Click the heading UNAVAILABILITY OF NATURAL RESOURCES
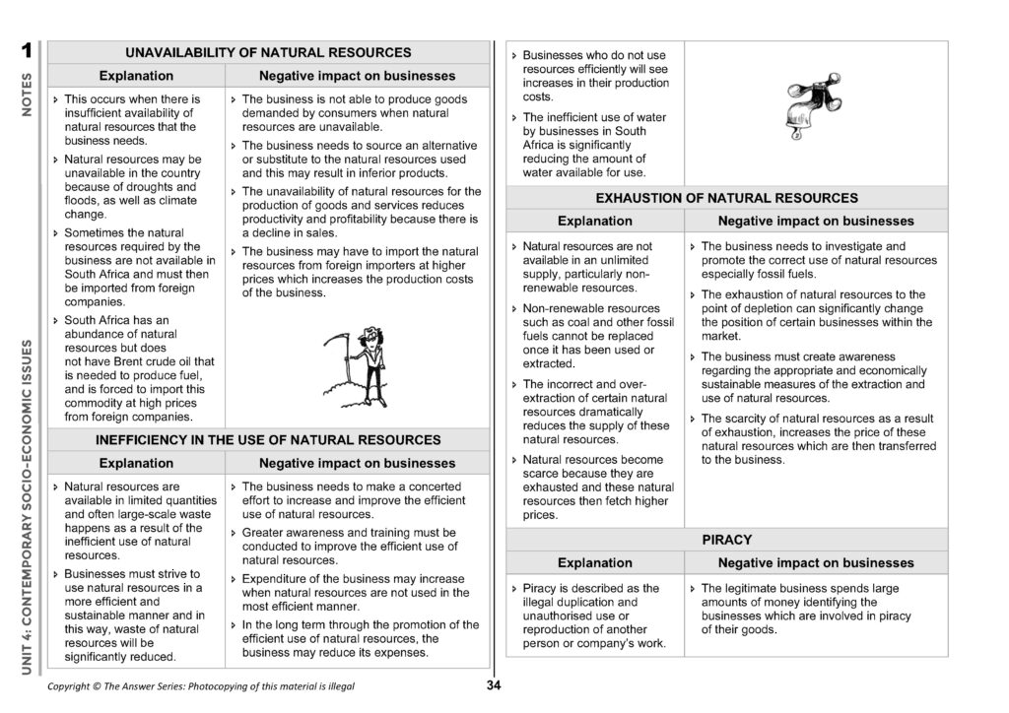tap(268, 52)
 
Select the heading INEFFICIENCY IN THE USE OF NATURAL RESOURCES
tap(268, 439)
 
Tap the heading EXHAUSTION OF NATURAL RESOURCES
tap(726, 198)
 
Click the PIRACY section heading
tap(726, 540)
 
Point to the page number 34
tap(495, 686)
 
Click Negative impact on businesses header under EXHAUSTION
tap(815, 222)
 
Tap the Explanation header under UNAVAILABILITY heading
tap(136, 76)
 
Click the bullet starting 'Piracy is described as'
tap(591, 616)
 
